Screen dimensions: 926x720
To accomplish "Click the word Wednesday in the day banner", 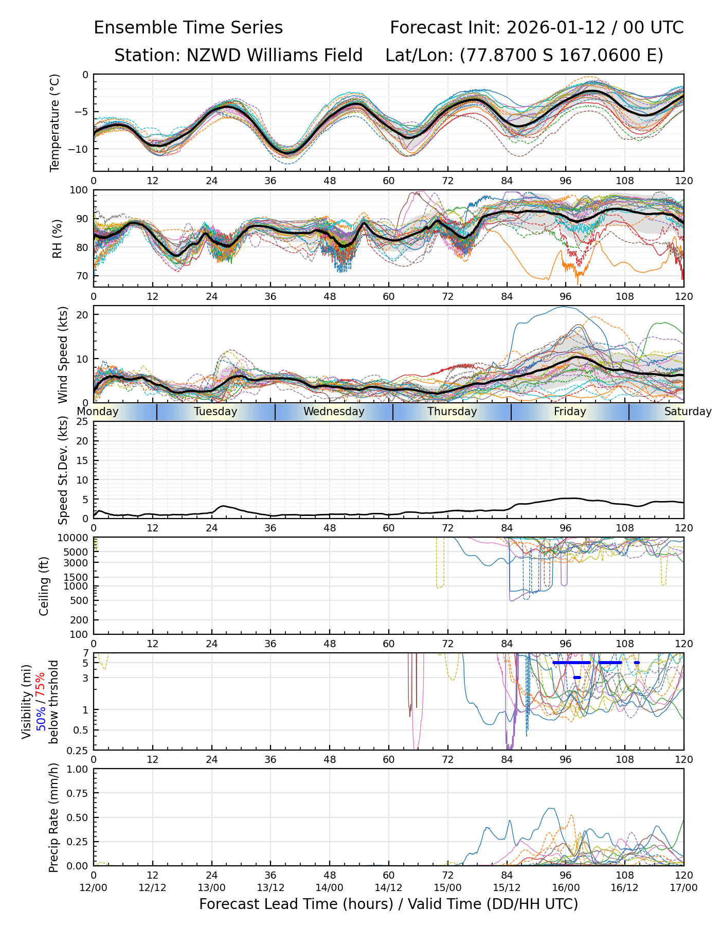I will point(334,412).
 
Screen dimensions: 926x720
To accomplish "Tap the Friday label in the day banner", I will point(570,412).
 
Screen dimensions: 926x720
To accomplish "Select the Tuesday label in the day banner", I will point(215,412).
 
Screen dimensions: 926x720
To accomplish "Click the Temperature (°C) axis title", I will point(55,122).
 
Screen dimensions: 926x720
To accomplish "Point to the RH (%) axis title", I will point(57,238).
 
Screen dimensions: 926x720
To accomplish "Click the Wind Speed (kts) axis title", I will point(63,354).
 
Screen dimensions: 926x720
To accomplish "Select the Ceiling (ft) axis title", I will point(44,586).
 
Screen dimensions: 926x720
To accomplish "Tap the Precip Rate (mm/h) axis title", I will point(53,817).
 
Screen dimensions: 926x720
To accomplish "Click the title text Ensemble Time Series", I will point(188,28).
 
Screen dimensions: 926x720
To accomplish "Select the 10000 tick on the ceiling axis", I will point(74,538).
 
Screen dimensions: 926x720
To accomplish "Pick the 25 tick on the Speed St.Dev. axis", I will point(82,422).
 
